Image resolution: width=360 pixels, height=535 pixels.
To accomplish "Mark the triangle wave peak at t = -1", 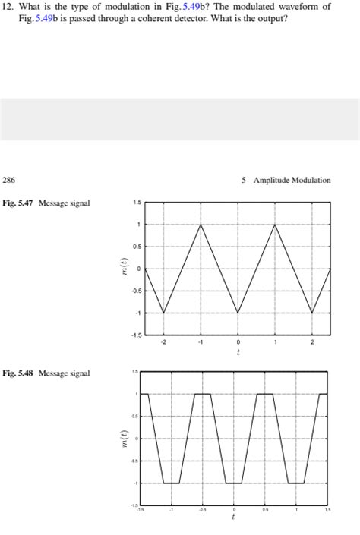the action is click(201, 225).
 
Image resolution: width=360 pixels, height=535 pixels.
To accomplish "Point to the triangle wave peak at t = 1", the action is click(275, 225).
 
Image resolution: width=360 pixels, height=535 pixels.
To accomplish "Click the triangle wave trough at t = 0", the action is click(238, 313).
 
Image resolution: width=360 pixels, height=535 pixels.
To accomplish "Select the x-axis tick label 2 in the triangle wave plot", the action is click(311, 342).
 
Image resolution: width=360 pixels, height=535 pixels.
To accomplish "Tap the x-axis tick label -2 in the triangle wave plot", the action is click(163, 342).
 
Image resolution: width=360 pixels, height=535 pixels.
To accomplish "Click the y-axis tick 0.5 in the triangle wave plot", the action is click(137, 247).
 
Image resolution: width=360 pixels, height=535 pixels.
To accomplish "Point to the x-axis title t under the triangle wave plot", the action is click(238, 352).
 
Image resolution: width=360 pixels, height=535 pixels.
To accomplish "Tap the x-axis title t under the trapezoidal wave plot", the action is click(235, 518).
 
